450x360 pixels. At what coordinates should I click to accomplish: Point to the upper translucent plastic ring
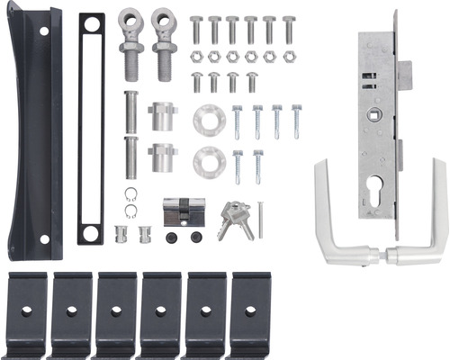click(x=208, y=119)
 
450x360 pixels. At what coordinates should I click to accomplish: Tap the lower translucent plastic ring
click(x=208, y=160)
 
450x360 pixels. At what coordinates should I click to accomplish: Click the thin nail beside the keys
click(x=260, y=219)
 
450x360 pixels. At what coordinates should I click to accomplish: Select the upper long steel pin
click(x=130, y=112)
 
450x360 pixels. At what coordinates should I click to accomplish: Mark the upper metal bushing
click(x=163, y=117)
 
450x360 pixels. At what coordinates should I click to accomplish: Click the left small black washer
click(x=171, y=237)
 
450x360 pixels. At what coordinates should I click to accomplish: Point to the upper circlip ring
click(x=131, y=193)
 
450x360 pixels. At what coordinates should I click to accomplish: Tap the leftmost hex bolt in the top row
click(x=196, y=30)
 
